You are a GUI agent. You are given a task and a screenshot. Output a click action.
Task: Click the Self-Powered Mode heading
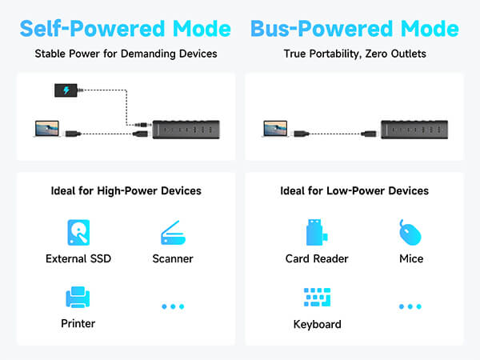click(125, 29)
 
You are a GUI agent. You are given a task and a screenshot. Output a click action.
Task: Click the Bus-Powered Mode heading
click(354, 29)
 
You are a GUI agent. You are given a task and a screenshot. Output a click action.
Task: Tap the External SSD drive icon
click(78, 233)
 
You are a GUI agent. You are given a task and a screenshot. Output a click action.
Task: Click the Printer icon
click(78, 298)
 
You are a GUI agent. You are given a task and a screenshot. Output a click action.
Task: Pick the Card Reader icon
click(314, 233)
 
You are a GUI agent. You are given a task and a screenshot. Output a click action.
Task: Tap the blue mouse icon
click(410, 233)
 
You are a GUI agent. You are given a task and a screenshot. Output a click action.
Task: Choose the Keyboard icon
click(317, 298)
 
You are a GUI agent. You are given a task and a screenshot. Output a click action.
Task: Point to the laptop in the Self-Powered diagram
click(46, 128)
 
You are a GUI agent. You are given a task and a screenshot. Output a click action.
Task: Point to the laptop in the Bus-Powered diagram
click(275, 128)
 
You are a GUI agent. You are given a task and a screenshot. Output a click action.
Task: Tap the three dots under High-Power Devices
click(173, 306)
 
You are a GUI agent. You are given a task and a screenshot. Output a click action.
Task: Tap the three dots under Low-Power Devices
click(410, 306)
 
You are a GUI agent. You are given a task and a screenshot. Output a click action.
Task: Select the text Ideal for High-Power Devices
click(125, 191)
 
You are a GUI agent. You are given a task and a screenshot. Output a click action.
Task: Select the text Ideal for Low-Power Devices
click(354, 191)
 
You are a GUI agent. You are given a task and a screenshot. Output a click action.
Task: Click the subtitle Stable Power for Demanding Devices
click(125, 55)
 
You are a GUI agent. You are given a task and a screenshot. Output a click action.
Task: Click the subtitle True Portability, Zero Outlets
click(354, 55)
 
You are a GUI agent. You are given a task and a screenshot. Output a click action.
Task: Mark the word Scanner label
click(173, 258)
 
